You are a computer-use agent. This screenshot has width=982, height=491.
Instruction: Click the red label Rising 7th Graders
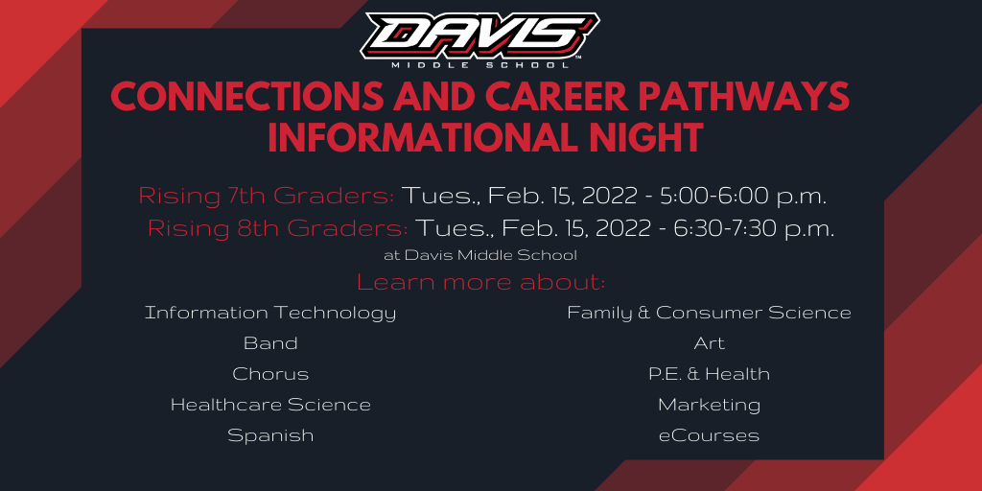click(267, 196)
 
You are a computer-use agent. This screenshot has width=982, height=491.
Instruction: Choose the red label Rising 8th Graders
click(278, 228)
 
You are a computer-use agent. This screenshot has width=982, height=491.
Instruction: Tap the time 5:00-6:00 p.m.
click(743, 197)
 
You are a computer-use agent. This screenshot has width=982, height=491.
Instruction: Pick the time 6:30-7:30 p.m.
click(754, 228)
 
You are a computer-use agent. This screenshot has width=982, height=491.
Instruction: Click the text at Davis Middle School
click(480, 255)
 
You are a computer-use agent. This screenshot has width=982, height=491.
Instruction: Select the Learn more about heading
click(481, 283)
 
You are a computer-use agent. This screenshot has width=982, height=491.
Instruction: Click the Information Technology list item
click(270, 313)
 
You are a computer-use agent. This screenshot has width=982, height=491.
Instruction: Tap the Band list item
click(270, 343)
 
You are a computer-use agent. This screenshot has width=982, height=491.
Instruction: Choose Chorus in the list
click(270, 374)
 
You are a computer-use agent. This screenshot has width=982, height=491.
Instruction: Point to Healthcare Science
click(270, 405)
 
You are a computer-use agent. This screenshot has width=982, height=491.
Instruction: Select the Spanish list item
click(270, 435)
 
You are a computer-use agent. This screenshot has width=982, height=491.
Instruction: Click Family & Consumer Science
click(709, 313)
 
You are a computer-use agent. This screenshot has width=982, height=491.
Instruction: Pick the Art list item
click(709, 343)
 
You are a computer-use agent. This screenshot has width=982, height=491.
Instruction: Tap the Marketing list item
click(709, 406)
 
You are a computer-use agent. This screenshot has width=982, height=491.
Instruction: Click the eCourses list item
click(709, 435)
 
